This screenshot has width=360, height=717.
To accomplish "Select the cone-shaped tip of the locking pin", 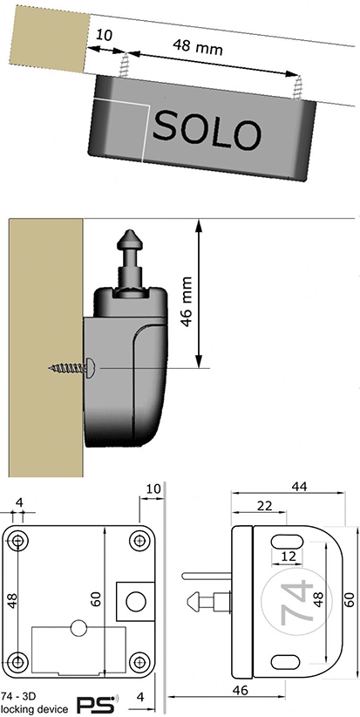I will (x=130, y=238).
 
